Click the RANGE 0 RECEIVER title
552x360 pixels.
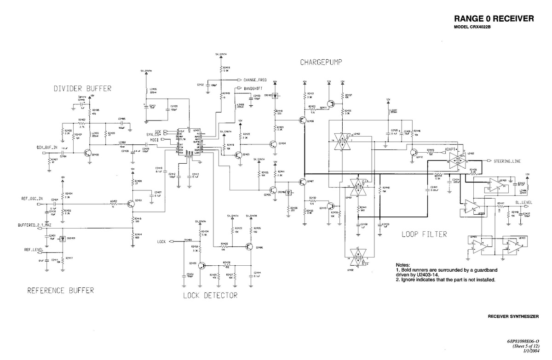click(494, 19)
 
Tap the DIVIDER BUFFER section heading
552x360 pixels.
click(82, 88)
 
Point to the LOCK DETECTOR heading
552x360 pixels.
click(210, 295)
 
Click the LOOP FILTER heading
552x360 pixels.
click(424, 234)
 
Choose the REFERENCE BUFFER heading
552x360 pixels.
click(60, 290)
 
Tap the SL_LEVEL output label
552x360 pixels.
click(523, 202)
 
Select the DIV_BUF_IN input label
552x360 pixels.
click(47, 148)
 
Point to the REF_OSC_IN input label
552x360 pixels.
click(32, 199)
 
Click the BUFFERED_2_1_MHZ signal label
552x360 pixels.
click(34, 225)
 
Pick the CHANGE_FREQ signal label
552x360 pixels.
click(255, 80)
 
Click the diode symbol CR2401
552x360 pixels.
click(63, 238)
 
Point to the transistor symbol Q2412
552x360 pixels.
click(414, 152)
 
